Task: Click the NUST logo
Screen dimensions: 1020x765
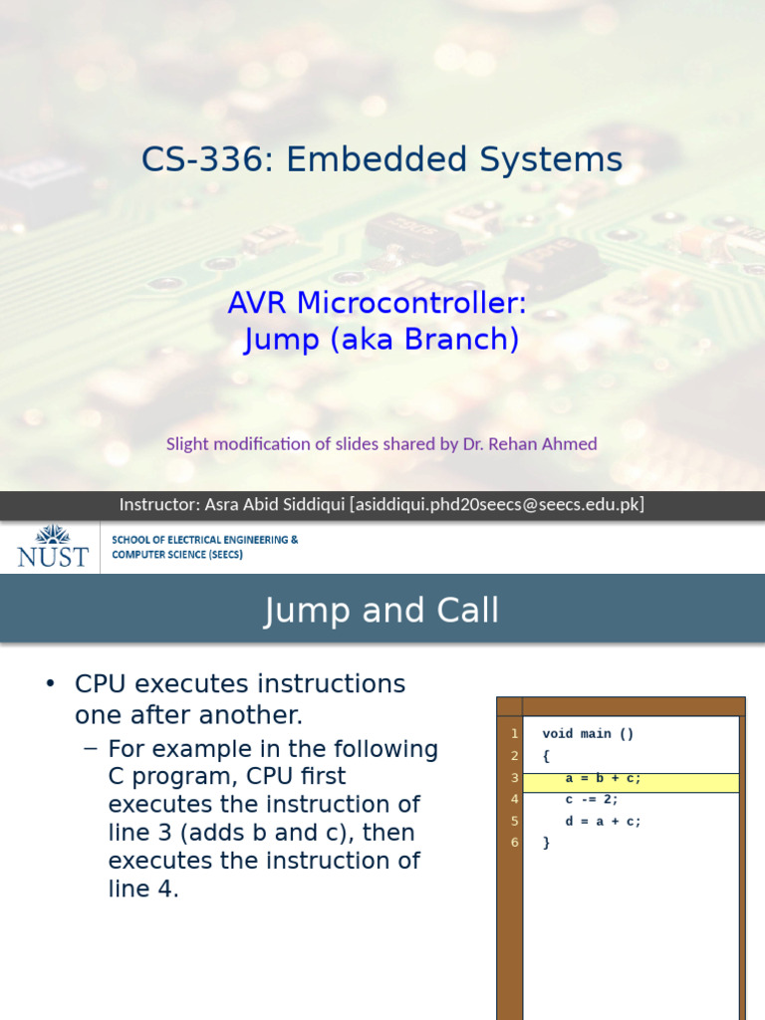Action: pos(52,546)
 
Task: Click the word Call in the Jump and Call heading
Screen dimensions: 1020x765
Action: pos(460,611)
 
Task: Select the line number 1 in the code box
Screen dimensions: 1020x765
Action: pos(514,734)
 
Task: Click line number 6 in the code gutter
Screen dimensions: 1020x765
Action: pos(514,843)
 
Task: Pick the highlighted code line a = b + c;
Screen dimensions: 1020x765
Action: pos(603,779)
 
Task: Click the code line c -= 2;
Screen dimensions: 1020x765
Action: pos(591,799)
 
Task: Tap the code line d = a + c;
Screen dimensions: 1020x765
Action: pos(603,822)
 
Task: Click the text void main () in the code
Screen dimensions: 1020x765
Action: pos(588,734)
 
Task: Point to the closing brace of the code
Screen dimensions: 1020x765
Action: pos(546,843)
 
